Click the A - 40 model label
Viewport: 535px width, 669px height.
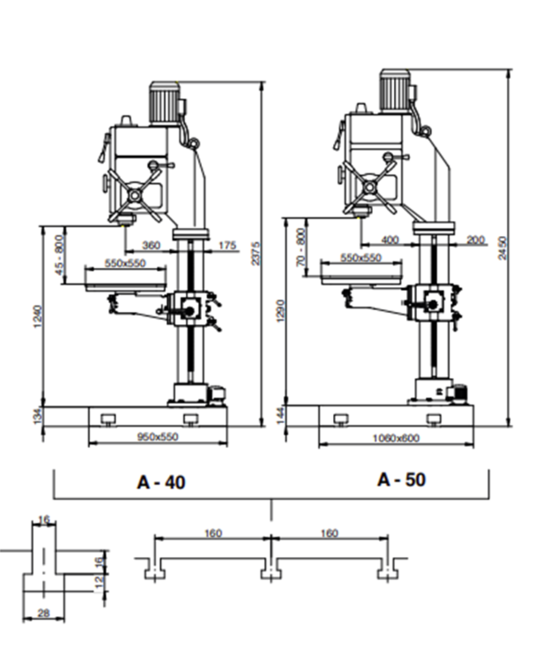pyautogui.click(x=161, y=482)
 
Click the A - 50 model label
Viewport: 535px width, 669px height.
pyautogui.click(x=401, y=480)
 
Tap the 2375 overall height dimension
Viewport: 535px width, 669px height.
pyautogui.click(x=256, y=253)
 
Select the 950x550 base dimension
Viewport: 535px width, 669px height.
pyautogui.click(x=158, y=437)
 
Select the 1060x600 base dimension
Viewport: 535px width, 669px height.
pyautogui.click(x=396, y=438)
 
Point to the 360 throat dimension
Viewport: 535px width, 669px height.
pyautogui.click(x=151, y=245)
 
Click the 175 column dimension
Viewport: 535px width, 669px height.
pyautogui.click(x=227, y=245)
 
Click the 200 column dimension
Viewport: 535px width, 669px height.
pyautogui.click(x=475, y=240)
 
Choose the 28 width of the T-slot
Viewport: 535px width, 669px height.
pyautogui.click(x=44, y=613)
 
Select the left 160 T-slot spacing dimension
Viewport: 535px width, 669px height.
pyautogui.click(x=213, y=533)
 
